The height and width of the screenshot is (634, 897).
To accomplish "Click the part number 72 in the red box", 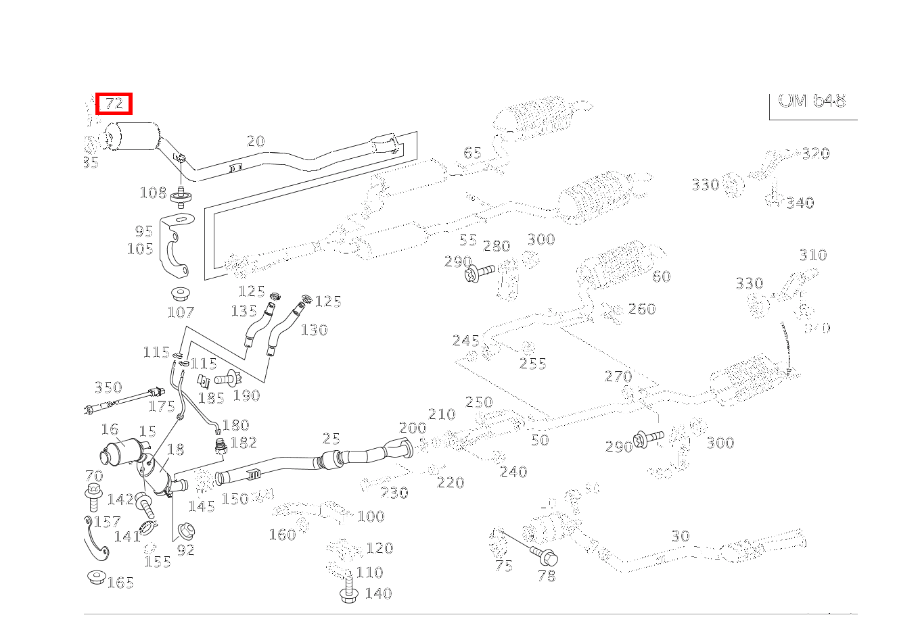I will click(114, 104).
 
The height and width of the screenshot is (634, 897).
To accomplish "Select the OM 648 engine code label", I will click(812, 101).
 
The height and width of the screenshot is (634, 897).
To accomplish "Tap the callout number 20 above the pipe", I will click(255, 141).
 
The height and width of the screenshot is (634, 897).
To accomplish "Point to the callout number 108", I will click(153, 193).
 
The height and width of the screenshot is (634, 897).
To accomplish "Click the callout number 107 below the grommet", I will click(181, 312).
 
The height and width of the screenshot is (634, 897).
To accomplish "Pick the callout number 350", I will click(108, 387).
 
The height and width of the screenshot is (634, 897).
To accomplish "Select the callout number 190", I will click(246, 395).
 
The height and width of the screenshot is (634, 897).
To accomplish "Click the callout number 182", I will click(244, 443).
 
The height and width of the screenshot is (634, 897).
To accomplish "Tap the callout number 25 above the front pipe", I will click(331, 439).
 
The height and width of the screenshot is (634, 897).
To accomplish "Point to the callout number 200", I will click(413, 428).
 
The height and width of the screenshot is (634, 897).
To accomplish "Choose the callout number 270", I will click(618, 376).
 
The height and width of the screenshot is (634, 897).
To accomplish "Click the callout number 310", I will click(812, 255).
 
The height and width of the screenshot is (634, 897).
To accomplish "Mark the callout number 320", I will click(816, 153).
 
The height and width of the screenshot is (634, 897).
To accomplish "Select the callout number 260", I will click(642, 309).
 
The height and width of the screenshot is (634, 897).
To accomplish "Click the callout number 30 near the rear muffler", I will click(681, 536).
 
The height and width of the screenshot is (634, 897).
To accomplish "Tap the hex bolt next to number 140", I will click(349, 594).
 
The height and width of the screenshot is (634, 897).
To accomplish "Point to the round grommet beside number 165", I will click(96, 577).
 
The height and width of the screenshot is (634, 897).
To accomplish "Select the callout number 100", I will click(371, 516).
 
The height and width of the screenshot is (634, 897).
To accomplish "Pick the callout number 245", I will click(466, 340).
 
